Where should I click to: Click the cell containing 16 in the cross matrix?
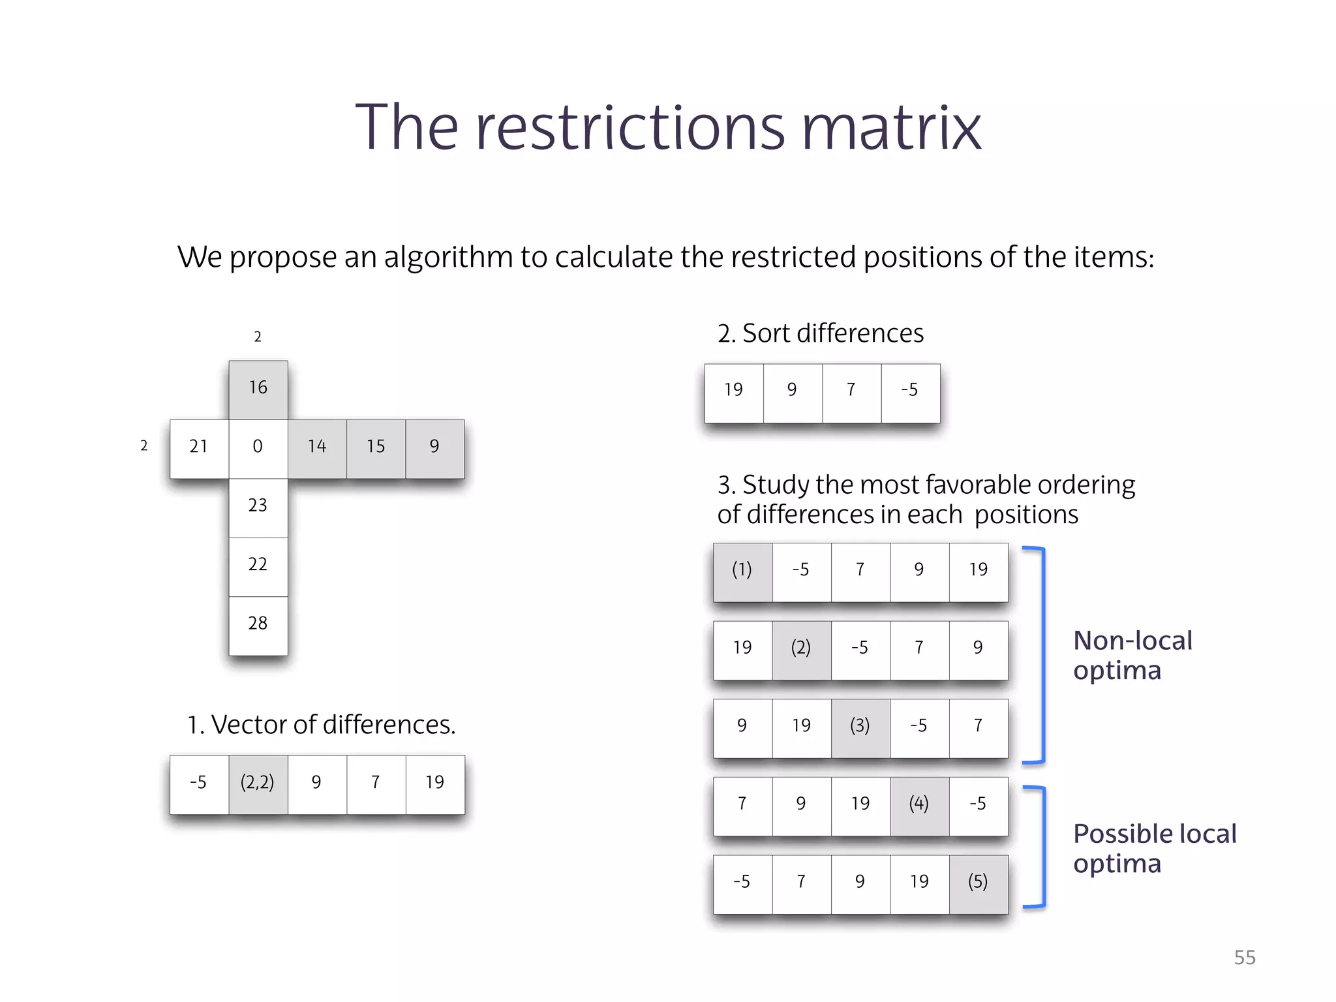pos(258,389)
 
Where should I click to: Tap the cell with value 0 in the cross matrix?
pos(258,448)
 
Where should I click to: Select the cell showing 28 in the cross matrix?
pos(258,625)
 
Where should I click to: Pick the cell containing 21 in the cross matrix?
pos(199,448)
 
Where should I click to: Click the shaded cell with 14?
pos(317,448)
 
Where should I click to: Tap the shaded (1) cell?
pos(742,571)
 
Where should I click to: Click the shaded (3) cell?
pos(860,727)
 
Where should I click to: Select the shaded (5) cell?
pos(979,883)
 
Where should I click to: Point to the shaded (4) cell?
pos(919,806)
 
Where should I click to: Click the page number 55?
pos(1245,958)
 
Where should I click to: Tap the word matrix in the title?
pos(891,128)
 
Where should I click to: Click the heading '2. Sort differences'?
pos(821,333)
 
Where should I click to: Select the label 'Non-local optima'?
pos(1132,655)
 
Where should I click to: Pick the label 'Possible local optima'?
pos(1155,848)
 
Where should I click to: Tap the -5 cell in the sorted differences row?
pos(910,392)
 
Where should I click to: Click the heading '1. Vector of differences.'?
pos(321,725)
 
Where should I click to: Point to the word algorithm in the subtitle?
pos(449,258)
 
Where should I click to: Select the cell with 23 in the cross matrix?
pos(258,507)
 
